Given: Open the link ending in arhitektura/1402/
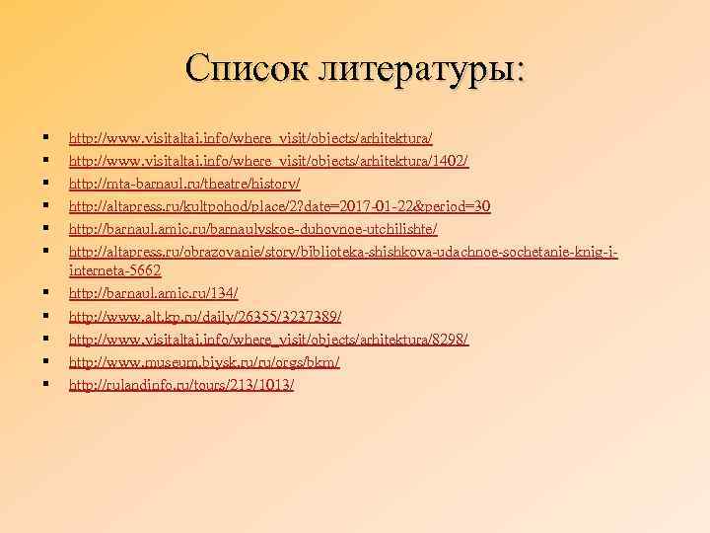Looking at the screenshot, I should (x=267, y=160).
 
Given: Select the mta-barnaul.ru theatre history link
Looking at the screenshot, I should (x=183, y=184).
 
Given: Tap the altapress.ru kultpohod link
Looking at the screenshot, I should (x=279, y=206).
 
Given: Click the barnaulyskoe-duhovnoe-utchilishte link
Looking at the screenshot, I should (x=252, y=229).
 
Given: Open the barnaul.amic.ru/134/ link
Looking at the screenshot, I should (x=153, y=293).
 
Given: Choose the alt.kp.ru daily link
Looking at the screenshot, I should (x=205, y=316).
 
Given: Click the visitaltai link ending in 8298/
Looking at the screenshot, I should (x=267, y=339).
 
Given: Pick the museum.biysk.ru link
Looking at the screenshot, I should (x=204, y=362).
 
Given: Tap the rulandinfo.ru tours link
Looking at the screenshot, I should (x=181, y=385).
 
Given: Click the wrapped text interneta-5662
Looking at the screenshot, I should (x=114, y=269).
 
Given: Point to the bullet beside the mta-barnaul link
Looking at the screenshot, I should (x=46, y=183).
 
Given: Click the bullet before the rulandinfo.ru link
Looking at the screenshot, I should (x=46, y=384).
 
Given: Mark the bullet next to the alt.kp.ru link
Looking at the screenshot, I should (x=46, y=315).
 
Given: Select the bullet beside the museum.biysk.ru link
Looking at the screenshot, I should (x=46, y=361).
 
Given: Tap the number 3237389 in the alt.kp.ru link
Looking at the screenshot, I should (x=307, y=316).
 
